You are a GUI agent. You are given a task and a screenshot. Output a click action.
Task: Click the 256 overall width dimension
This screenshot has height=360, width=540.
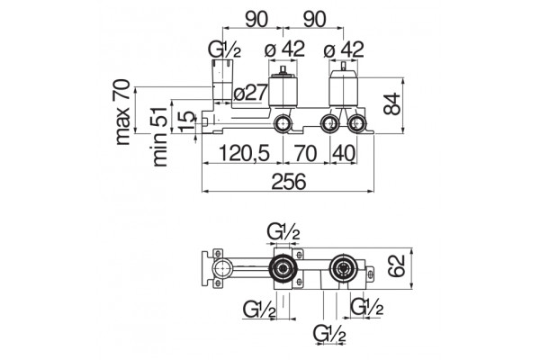point(289,181)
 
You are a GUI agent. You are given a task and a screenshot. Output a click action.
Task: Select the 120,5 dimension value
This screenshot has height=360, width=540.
point(244,153)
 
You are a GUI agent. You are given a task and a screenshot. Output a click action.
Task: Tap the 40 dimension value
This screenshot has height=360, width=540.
point(343,153)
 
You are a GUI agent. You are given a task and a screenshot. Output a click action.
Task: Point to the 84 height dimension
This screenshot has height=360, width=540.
point(392,103)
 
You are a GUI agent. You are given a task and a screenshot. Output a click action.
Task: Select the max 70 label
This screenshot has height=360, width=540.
point(122,112)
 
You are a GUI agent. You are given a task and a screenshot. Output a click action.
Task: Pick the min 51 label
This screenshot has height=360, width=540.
point(159,137)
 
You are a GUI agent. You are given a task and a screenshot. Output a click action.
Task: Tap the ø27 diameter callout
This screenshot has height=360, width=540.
point(250,93)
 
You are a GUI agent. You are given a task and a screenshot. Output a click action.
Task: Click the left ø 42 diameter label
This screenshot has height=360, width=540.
point(284,49)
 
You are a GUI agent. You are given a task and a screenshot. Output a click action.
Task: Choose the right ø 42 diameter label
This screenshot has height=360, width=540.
point(344,49)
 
